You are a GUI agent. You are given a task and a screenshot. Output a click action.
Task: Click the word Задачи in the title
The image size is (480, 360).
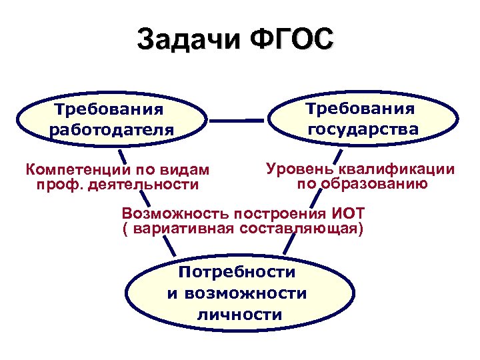[188, 39]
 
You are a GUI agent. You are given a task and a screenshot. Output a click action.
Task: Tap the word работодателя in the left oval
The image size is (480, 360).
[111, 127]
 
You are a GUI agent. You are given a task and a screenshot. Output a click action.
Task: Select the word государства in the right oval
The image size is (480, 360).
[363, 127]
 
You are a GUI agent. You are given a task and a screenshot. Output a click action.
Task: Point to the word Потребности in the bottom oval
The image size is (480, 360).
[237, 272]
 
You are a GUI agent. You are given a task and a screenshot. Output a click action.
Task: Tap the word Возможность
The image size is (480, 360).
[177, 215]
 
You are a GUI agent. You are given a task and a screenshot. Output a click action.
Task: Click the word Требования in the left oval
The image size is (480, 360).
[109, 107]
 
